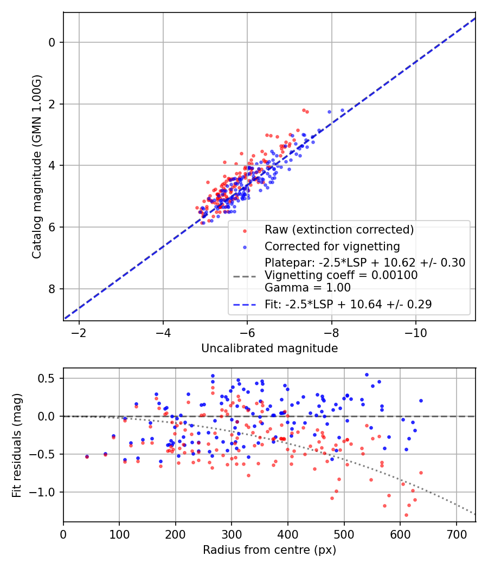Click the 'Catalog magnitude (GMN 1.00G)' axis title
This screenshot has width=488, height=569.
(x=37, y=166)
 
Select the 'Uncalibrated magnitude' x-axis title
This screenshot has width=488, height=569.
(x=269, y=348)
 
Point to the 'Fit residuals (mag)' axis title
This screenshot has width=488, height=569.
(x=17, y=445)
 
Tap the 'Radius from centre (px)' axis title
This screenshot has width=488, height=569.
(x=269, y=550)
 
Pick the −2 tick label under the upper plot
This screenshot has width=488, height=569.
(x=79, y=333)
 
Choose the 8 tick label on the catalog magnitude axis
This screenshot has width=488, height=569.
(x=52, y=289)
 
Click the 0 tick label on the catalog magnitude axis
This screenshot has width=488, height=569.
(x=52, y=43)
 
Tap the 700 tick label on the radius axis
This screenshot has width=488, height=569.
(x=457, y=534)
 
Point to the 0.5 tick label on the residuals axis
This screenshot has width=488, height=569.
(x=46, y=378)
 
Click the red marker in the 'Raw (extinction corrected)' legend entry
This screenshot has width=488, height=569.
(x=245, y=231)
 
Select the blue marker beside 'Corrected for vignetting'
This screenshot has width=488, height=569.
(x=245, y=248)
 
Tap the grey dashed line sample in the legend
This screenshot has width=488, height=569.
(x=245, y=276)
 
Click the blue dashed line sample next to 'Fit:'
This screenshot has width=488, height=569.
(x=245, y=305)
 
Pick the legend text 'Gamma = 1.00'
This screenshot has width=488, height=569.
(x=307, y=288)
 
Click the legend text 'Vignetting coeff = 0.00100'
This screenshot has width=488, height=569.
(x=341, y=275)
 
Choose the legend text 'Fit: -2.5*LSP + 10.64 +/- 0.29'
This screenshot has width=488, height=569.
(x=348, y=304)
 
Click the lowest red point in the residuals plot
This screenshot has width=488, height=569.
(x=406, y=515)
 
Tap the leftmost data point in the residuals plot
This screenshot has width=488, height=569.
(x=87, y=457)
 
